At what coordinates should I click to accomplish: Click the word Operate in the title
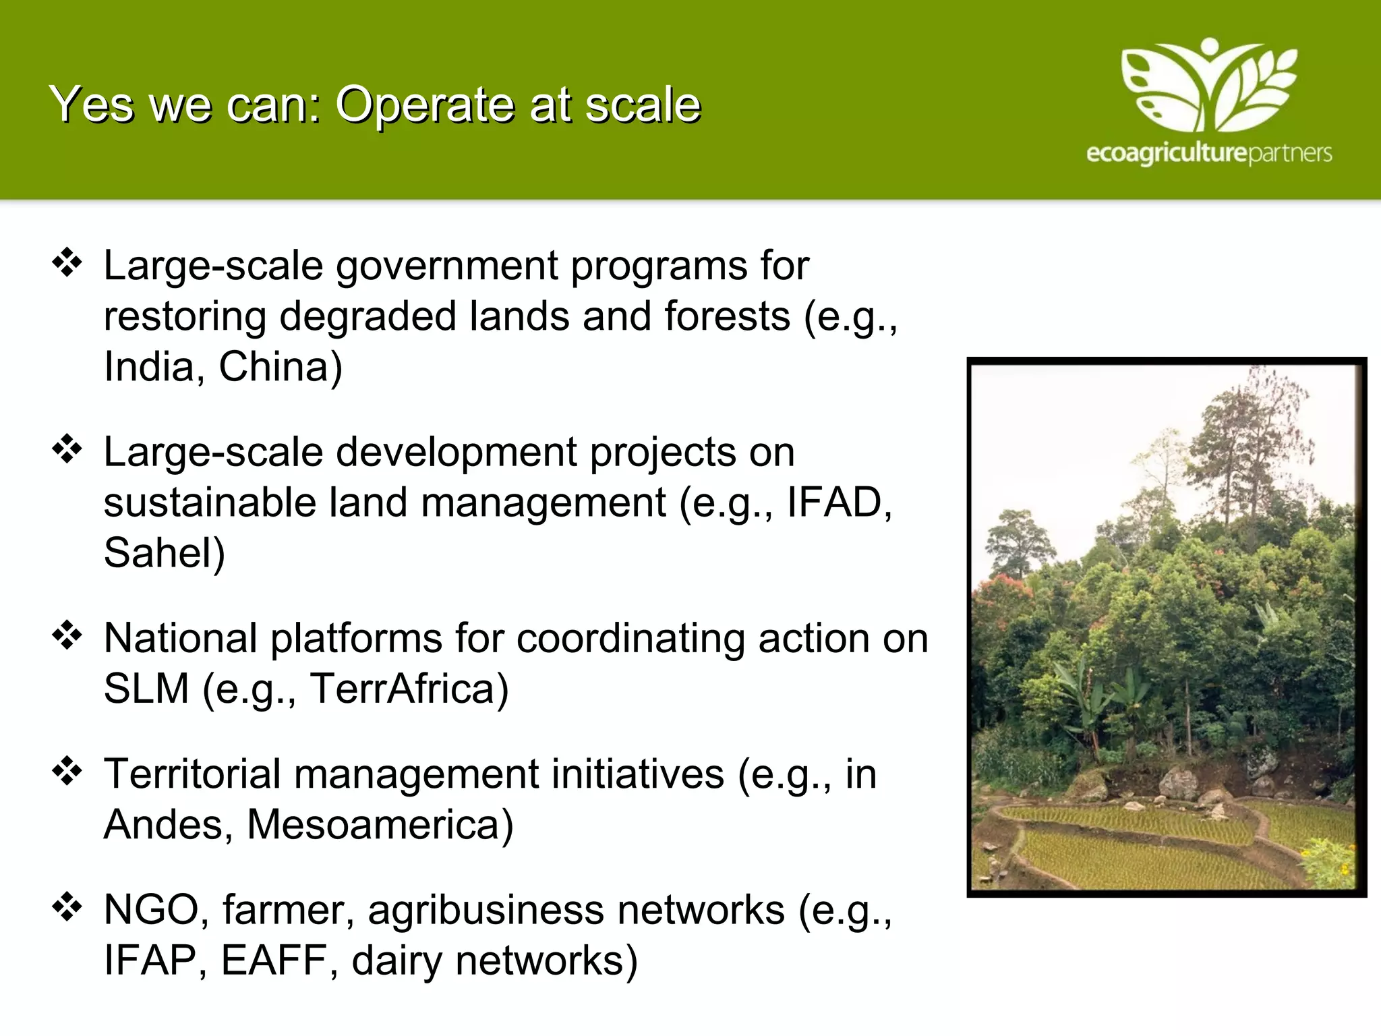pyautogui.click(x=426, y=106)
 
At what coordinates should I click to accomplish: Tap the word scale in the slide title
pyautogui.click(x=643, y=106)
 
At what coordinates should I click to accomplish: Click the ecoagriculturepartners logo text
pyautogui.click(x=1208, y=153)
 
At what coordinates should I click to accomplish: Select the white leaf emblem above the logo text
pyautogui.click(x=1208, y=84)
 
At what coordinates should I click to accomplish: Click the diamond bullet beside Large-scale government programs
pyautogui.click(x=67, y=262)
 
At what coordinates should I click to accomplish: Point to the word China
pyautogui.click(x=280, y=368)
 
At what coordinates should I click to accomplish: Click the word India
pyautogui.click(x=149, y=368)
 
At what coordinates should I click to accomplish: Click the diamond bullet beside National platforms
pyautogui.click(x=67, y=635)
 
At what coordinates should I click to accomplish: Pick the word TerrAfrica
pyautogui.click(x=409, y=689)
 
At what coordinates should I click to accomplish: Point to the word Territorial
pyautogui.click(x=192, y=774)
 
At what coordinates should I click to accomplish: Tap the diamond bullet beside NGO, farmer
pyautogui.click(x=67, y=907)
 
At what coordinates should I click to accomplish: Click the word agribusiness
pyautogui.click(x=486, y=911)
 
